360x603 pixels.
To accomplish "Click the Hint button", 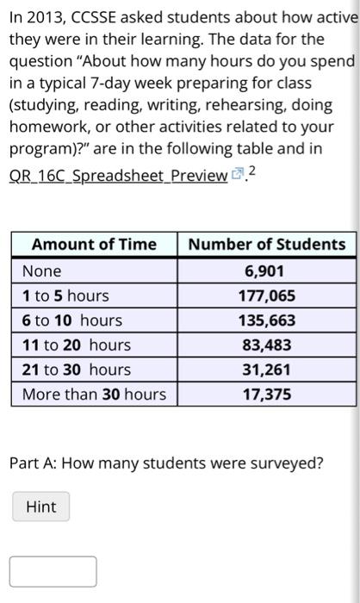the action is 41,507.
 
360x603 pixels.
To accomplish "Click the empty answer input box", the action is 53,571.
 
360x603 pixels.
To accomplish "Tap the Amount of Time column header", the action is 94,245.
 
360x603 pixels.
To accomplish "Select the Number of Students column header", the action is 266,245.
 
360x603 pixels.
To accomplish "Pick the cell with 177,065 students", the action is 266,296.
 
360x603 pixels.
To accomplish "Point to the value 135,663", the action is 266,320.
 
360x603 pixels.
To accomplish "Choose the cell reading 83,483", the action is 266,345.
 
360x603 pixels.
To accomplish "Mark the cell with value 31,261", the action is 266,370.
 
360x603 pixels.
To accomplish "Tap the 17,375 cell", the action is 266,395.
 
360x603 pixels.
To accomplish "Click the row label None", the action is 42,271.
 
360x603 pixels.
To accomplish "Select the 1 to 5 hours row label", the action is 65,296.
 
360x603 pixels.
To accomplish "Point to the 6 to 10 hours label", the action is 72,320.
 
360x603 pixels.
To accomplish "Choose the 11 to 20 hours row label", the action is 77,345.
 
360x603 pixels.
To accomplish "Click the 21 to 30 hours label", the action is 77,370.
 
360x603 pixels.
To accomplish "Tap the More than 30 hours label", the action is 94,395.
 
